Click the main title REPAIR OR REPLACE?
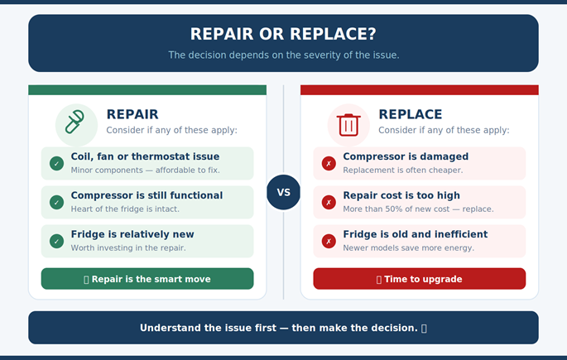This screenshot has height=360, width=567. click(x=283, y=34)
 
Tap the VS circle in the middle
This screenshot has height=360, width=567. click(x=283, y=192)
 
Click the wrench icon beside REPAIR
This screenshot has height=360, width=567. click(x=76, y=124)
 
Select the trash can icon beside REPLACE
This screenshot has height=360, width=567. click(x=348, y=124)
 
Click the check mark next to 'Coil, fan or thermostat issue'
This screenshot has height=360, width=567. click(x=56, y=163)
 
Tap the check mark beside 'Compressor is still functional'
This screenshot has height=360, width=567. click(x=56, y=202)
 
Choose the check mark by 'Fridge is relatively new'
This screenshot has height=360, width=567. click(x=56, y=241)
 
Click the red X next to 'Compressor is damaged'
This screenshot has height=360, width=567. click(x=329, y=163)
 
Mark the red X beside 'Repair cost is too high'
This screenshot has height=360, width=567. click(x=329, y=202)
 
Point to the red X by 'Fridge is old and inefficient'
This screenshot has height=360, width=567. click(x=329, y=241)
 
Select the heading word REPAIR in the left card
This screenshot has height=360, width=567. click(x=132, y=114)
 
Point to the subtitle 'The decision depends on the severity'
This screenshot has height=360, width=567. click(x=283, y=55)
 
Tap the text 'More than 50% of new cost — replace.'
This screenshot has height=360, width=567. click(x=418, y=209)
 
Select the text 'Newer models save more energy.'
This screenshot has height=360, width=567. click(x=408, y=248)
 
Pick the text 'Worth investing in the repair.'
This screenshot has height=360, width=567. click(x=128, y=248)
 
